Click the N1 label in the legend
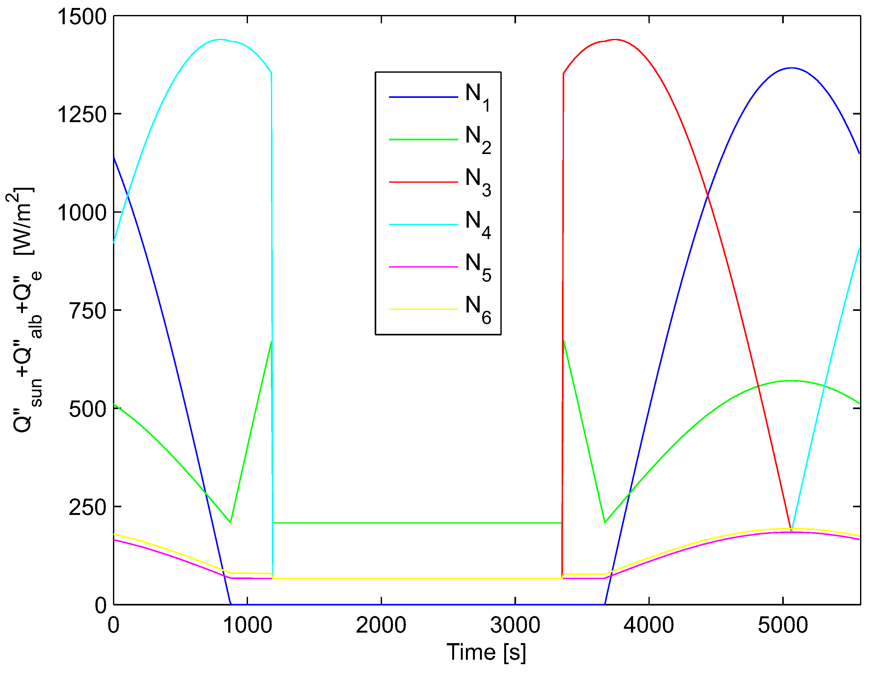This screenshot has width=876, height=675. (477, 97)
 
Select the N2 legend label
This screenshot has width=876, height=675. (478, 140)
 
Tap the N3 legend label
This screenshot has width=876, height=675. (478, 182)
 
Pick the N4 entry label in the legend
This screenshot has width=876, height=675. (478, 225)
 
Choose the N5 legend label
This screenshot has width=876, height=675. (478, 268)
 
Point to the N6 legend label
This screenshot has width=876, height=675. (478, 310)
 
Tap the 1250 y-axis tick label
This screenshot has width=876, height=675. (82, 115)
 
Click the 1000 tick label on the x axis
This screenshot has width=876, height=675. (247, 626)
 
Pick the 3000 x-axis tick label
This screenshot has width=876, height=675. (515, 626)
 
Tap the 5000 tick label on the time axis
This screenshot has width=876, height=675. (782, 626)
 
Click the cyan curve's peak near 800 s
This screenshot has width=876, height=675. (220, 39)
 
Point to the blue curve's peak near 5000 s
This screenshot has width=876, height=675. (791, 68)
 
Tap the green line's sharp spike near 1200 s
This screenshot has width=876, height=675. (271, 341)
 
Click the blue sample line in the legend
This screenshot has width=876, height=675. (423, 97)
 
